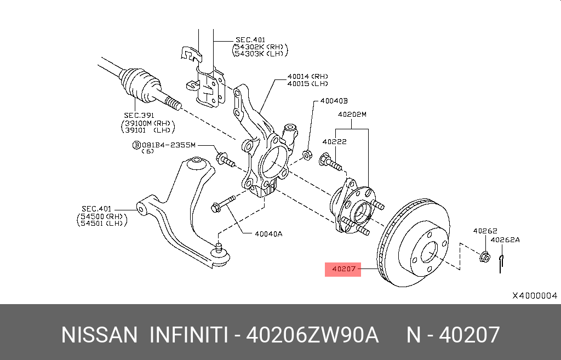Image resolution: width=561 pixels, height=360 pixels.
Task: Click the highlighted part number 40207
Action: click(x=343, y=269)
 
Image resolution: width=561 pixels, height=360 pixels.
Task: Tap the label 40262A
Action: click(x=505, y=239)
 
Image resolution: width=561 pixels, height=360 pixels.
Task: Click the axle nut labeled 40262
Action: click(x=485, y=256)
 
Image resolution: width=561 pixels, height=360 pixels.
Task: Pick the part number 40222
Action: click(x=334, y=141)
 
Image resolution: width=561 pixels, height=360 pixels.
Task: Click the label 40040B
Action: click(x=334, y=101)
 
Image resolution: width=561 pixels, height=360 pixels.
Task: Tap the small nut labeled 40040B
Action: click(x=308, y=154)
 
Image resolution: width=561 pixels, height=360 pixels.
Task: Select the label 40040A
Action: click(x=268, y=233)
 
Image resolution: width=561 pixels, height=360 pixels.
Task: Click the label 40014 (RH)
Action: click(x=307, y=77)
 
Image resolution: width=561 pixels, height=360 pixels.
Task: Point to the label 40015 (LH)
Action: click(x=307, y=84)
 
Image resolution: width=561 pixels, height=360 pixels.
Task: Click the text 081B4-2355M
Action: click(x=169, y=145)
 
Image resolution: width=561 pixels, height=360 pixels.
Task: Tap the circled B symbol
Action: click(x=136, y=145)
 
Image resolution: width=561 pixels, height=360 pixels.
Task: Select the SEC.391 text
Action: click(x=139, y=116)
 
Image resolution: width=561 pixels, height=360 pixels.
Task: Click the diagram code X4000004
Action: click(x=534, y=295)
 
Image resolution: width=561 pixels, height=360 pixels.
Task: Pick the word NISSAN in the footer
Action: click(x=99, y=335)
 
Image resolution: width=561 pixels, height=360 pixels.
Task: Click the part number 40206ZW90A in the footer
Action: click(x=312, y=335)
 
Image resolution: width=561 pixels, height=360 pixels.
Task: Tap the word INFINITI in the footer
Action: click(x=188, y=335)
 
